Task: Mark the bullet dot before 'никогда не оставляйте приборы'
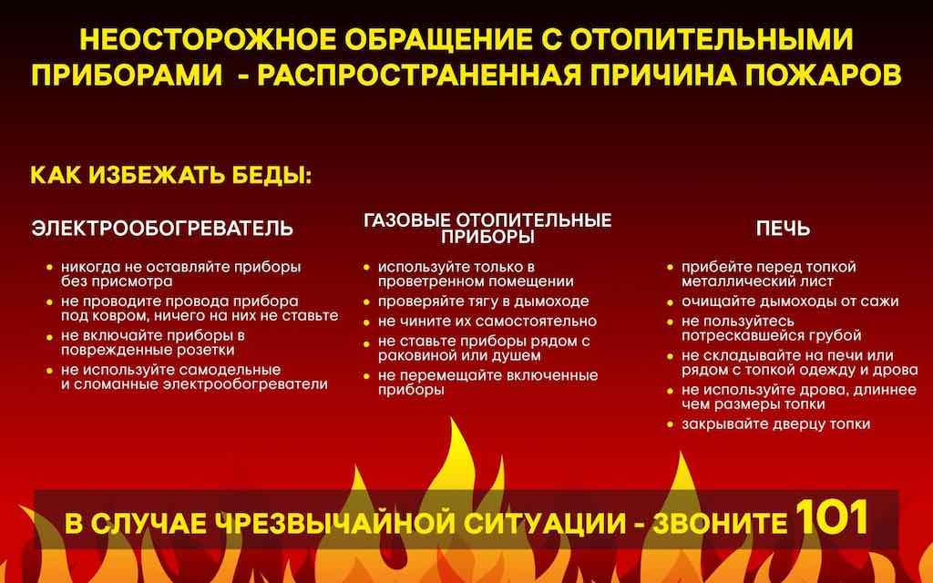pyautogui.click(x=49, y=268)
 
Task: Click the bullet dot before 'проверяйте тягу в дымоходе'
pyautogui.click(x=366, y=301)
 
